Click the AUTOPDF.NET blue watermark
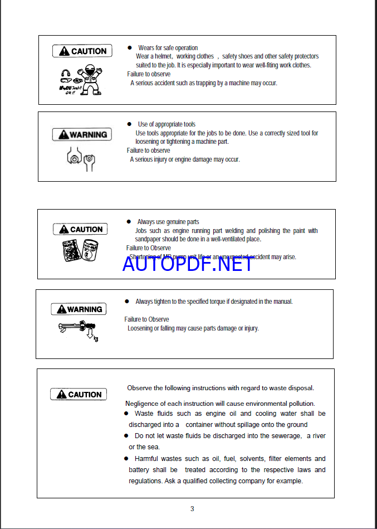click(x=187, y=264)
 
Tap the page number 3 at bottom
click(x=192, y=508)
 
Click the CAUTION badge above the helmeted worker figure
click(x=82, y=51)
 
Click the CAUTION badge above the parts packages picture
click(x=80, y=229)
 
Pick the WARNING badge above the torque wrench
click(x=78, y=309)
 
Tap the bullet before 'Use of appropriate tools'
click(x=129, y=124)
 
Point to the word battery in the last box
click(x=139, y=470)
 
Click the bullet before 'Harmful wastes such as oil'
click(x=126, y=459)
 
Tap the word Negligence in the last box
click(x=142, y=404)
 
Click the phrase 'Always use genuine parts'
click(x=168, y=222)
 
